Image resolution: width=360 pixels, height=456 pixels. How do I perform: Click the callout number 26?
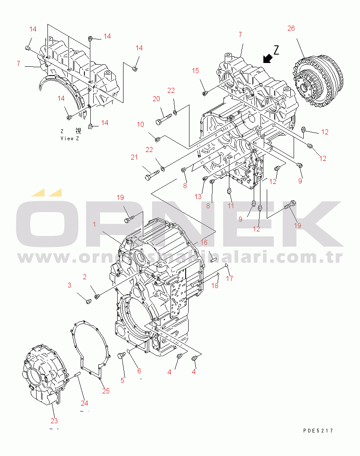tap(291, 29)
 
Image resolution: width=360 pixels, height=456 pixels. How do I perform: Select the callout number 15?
tap(196, 71)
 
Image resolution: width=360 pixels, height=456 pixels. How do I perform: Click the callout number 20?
tap(156, 99)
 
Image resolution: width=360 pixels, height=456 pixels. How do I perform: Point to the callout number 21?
tap(134, 157)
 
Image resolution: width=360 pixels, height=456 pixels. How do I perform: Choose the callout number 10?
tap(140, 124)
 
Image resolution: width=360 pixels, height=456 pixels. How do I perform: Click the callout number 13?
tap(198, 197)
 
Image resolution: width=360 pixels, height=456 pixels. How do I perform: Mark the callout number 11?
tap(231, 206)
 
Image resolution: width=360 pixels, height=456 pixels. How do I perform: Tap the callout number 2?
tap(84, 277)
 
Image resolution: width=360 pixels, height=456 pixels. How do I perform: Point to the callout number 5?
tap(123, 380)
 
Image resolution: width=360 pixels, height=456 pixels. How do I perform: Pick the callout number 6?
tap(139, 371)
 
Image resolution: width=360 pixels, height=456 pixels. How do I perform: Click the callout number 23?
tap(54, 421)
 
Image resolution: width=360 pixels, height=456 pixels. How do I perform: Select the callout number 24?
tap(84, 404)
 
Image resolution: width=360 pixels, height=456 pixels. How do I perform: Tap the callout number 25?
tap(106, 391)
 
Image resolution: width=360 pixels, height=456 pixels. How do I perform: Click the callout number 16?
tap(204, 242)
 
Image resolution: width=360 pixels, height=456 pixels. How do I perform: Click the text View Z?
tap(70, 138)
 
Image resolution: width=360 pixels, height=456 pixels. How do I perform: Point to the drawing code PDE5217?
tap(318, 430)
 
